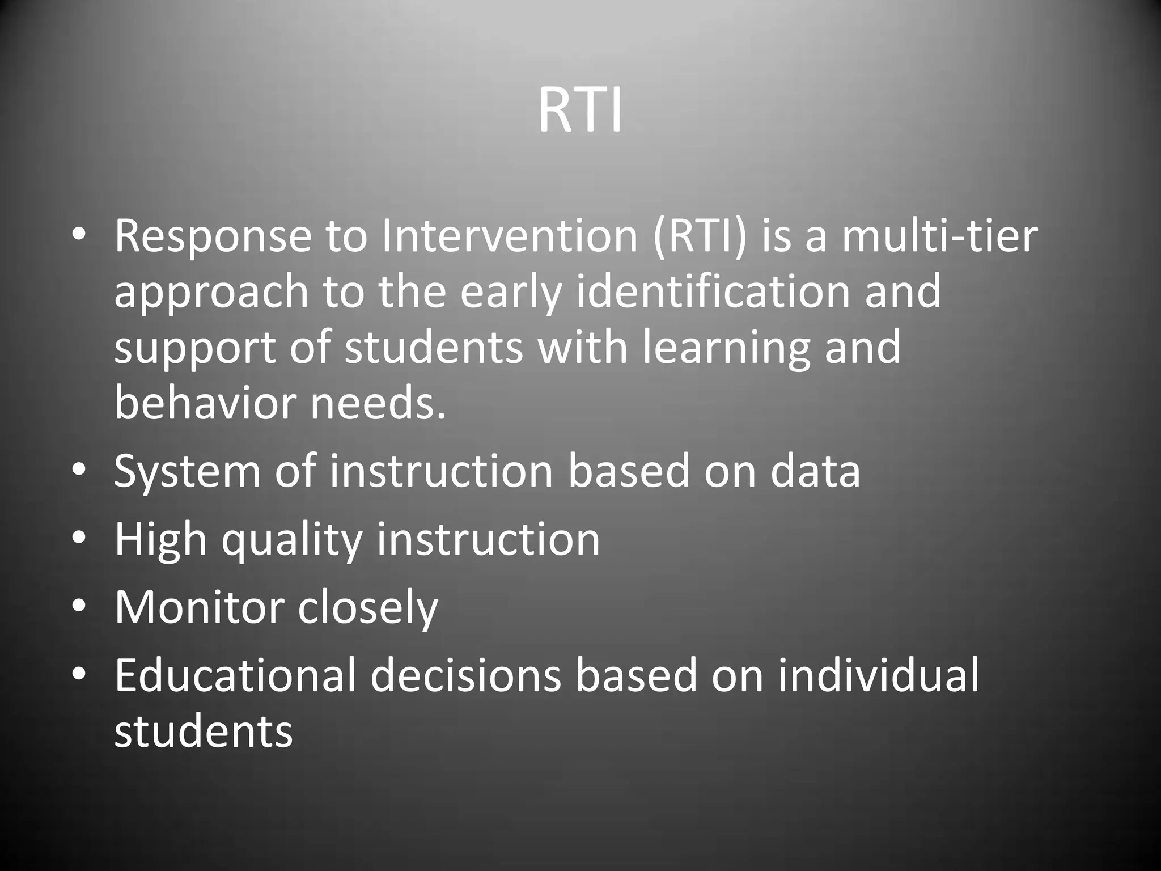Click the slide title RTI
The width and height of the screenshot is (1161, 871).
tap(580, 112)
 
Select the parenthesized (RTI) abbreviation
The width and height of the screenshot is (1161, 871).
tap(700, 236)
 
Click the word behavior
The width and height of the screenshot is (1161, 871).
tap(205, 402)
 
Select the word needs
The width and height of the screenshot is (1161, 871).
tap(378, 403)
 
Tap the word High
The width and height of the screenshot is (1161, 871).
tap(160, 540)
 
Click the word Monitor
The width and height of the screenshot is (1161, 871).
tap(198, 608)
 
